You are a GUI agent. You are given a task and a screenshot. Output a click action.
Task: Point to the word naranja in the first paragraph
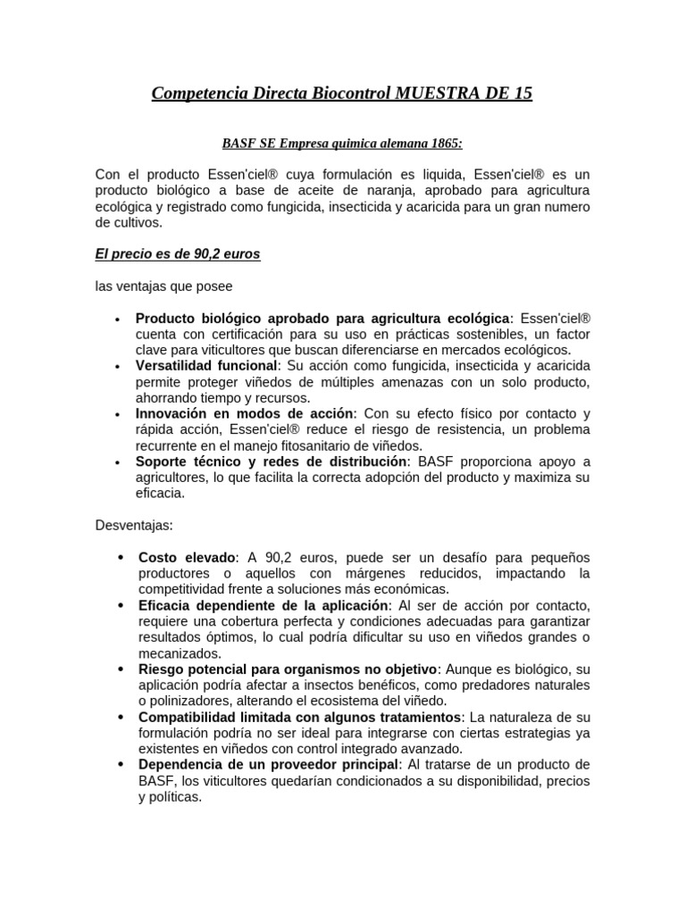tap(389, 192)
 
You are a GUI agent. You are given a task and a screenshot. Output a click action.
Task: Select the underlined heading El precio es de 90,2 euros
tap(177, 254)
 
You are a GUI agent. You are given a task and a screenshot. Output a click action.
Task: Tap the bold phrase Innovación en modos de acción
tap(245, 414)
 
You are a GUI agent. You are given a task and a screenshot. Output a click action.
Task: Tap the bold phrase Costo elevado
tap(188, 557)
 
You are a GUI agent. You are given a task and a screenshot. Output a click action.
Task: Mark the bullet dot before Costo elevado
tap(120, 557)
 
